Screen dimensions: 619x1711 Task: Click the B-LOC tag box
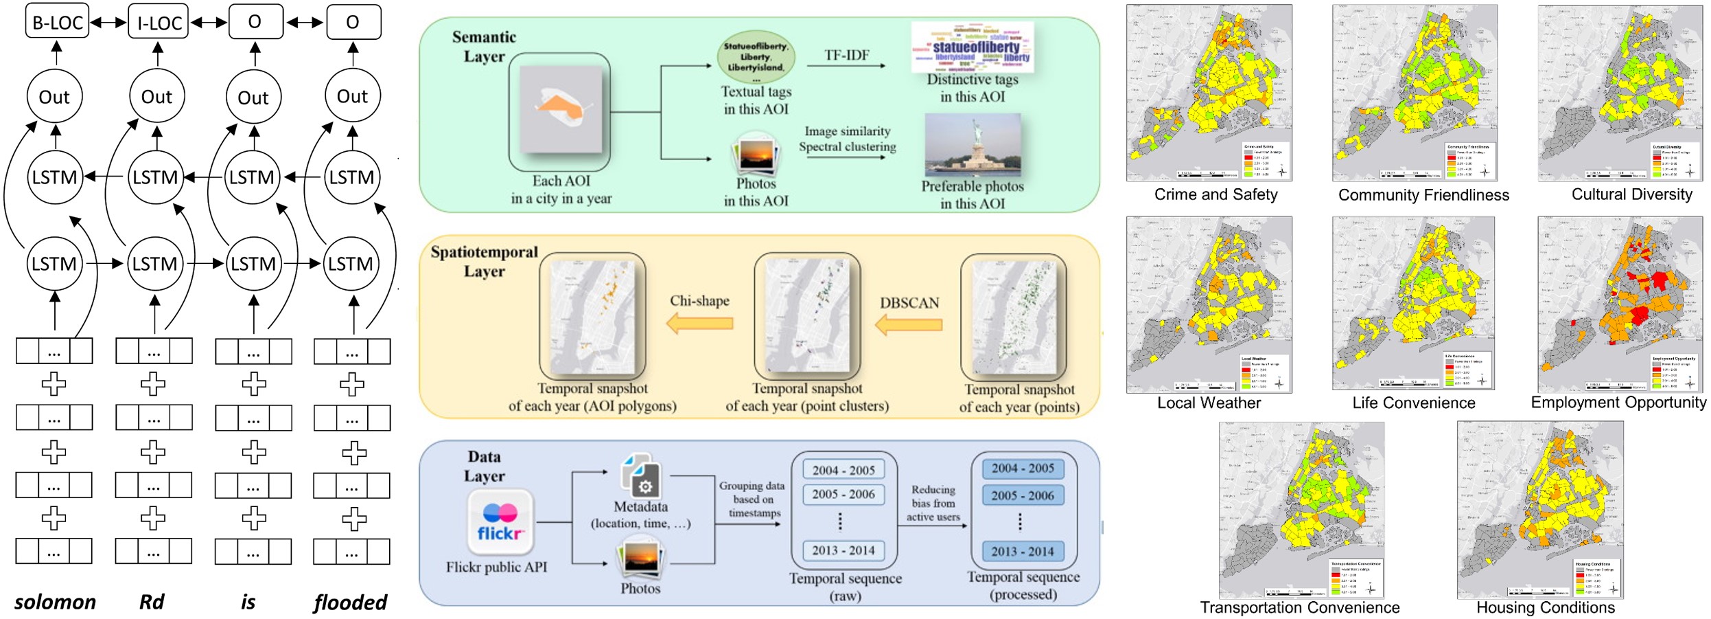click(x=57, y=22)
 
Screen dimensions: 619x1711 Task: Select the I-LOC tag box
click(x=159, y=22)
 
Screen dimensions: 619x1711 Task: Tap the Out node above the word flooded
click(x=352, y=97)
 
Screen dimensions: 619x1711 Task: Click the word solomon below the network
click(x=55, y=602)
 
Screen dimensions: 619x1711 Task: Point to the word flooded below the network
click(x=350, y=602)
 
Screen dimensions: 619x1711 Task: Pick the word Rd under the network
click(x=152, y=602)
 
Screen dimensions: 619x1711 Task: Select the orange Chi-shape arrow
click(x=699, y=322)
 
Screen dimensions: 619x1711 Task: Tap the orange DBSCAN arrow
click(x=909, y=324)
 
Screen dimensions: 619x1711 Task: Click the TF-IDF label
click(x=846, y=55)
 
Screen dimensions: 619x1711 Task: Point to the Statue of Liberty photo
click(x=973, y=145)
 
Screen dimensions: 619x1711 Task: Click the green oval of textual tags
click(x=756, y=56)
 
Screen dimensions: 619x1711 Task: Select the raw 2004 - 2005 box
click(x=843, y=470)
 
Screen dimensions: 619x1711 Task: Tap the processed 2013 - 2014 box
click(x=1022, y=551)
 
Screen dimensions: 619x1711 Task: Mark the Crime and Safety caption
click(x=1215, y=194)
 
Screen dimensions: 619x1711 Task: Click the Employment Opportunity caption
click(x=1618, y=403)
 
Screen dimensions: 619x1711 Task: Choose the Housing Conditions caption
click(x=1545, y=607)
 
